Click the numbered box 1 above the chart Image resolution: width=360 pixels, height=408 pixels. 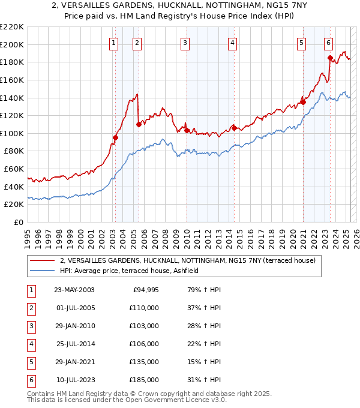114,43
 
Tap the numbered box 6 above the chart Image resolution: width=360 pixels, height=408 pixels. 329,43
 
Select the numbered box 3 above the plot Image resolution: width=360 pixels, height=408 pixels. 185,43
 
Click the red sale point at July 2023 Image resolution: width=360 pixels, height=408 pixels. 331,58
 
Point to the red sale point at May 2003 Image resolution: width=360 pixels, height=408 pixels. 115,137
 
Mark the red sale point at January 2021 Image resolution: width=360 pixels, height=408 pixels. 304,102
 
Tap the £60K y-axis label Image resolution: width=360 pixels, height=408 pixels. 14,169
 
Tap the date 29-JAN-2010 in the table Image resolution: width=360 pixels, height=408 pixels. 74,326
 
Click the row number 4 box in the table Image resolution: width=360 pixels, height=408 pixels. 31,344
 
